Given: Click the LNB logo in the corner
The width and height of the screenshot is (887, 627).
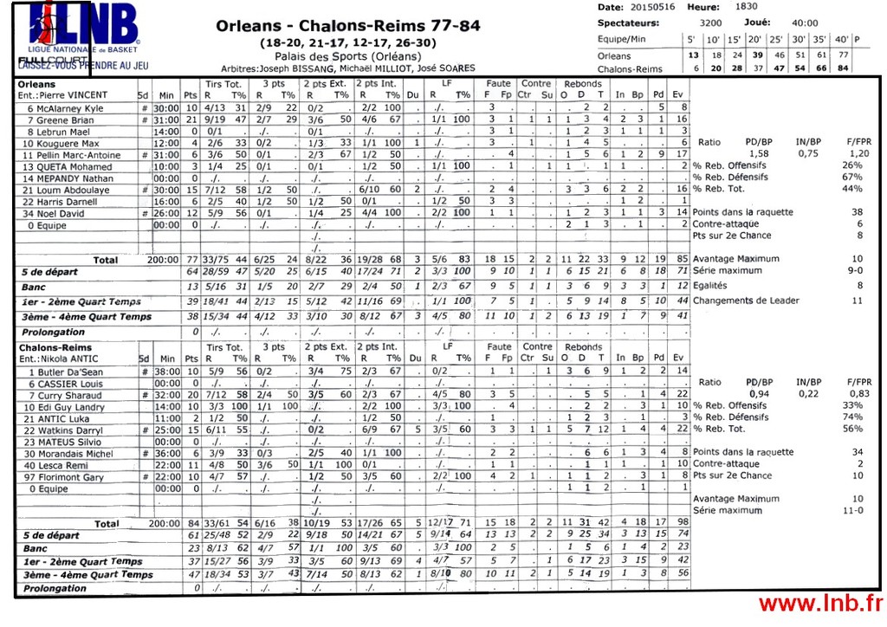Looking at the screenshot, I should click(x=82, y=31).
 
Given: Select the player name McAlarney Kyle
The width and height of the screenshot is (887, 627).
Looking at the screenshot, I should click(x=66, y=108).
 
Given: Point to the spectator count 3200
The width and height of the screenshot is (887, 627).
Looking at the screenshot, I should click(x=710, y=23).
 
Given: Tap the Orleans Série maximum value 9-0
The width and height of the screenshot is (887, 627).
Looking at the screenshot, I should click(x=855, y=270).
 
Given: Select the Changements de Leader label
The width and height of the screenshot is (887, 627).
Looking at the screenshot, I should click(x=746, y=301).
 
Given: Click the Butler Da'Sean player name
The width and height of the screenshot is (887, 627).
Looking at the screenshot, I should click(x=70, y=372).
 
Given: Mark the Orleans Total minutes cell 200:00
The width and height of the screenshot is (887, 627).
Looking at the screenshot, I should click(x=163, y=260).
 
